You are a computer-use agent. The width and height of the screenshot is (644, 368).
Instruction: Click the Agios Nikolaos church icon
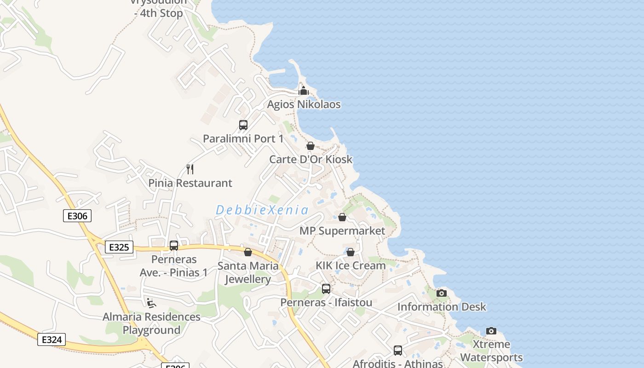point(303,90)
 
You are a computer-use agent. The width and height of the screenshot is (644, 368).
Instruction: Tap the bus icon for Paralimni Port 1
point(243,125)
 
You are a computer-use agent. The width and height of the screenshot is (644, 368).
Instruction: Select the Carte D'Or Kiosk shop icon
point(310,146)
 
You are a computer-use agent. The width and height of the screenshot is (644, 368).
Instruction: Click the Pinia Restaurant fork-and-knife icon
point(190,169)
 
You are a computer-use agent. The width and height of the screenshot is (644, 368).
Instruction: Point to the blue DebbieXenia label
point(262,210)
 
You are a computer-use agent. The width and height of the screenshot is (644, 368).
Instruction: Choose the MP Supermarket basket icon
point(342,217)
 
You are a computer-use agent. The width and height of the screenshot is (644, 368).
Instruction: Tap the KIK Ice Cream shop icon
point(351,252)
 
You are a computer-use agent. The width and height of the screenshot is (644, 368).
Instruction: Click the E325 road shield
point(119,247)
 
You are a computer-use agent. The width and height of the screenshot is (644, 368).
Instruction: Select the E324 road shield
point(52,339)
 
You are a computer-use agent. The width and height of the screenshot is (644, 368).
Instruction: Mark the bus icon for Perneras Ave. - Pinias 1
point(174,246)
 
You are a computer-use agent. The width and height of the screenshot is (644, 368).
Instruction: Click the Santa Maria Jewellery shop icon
point(248,252)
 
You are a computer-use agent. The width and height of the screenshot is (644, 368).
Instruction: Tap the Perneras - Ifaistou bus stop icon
point(326,289)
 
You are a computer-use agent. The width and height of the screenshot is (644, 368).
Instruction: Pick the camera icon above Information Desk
point(442,293)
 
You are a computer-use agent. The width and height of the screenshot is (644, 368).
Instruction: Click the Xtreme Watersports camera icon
point(491,331)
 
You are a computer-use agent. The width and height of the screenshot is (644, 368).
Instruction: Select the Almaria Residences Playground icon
point(151,303)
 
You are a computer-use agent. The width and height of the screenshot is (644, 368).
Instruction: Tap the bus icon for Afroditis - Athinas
point(398,351)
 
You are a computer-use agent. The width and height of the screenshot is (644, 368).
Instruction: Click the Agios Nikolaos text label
point(304,104)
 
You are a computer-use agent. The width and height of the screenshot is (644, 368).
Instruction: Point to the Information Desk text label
point(442,307)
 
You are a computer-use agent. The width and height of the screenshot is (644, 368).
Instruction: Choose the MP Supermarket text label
point(342,231)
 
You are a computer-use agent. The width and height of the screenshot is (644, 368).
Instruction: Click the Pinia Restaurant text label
point(190,183)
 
